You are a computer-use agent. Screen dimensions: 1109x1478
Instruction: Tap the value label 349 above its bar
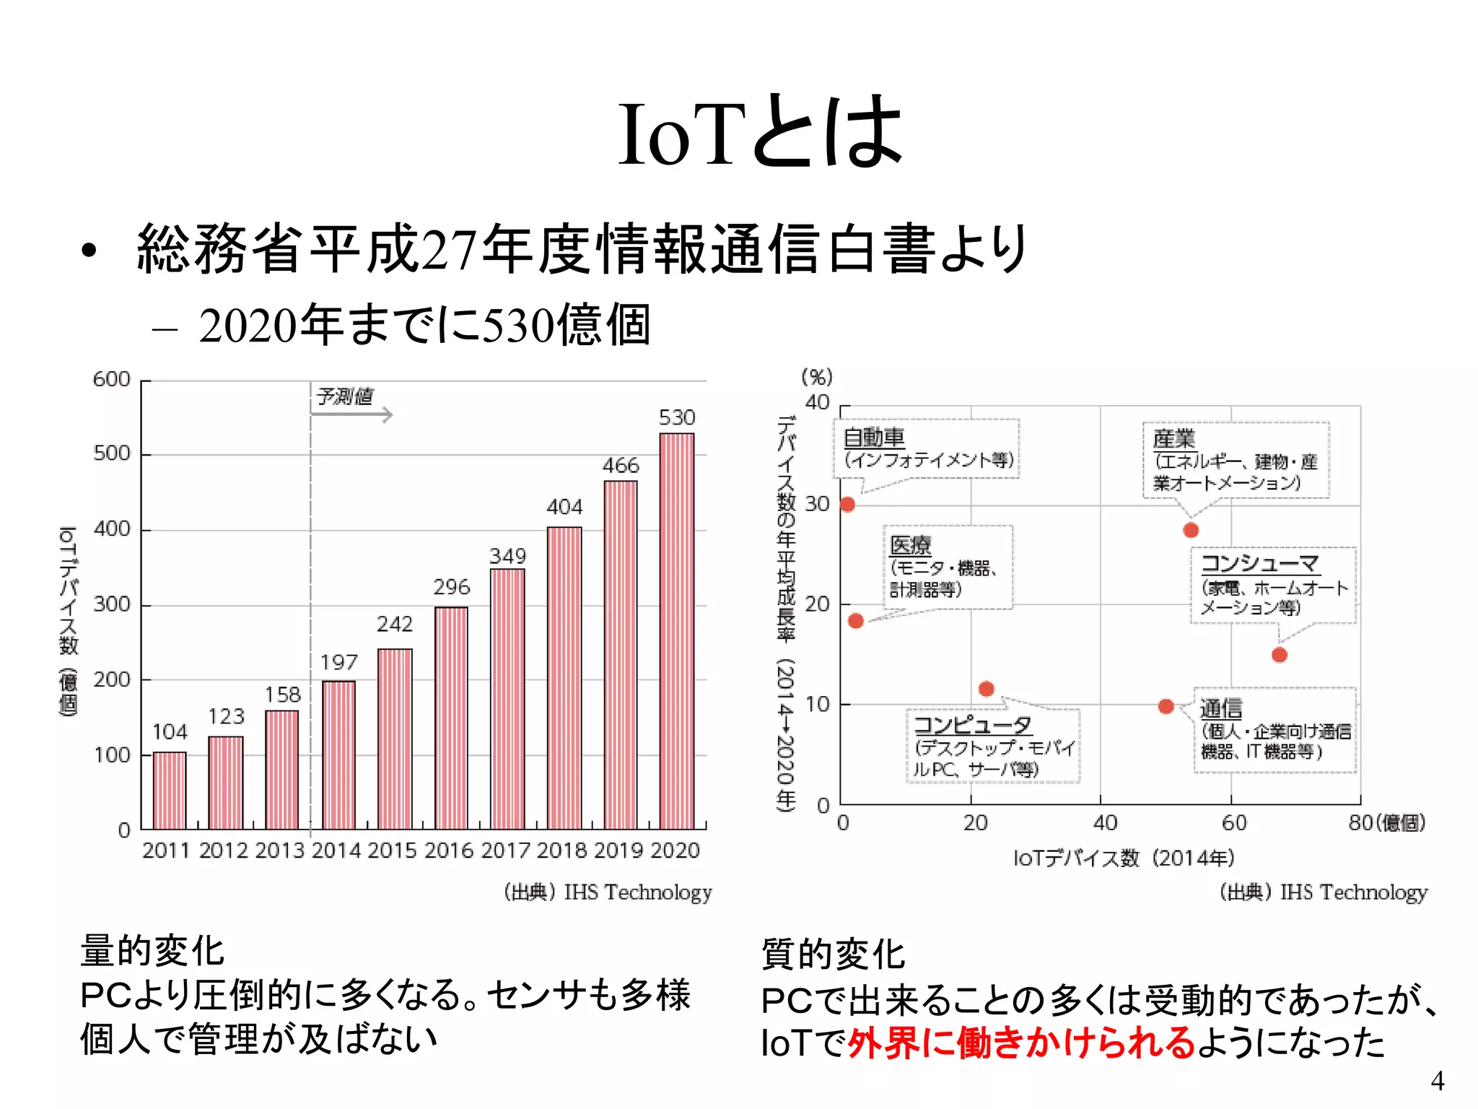(x=508, y=556)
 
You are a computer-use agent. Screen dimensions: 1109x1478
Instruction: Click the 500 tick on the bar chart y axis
(x=112, y=454)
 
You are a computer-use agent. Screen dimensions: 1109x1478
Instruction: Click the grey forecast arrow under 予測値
(x=351, y=414)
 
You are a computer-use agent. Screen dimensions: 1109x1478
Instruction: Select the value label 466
(x=621, y=466)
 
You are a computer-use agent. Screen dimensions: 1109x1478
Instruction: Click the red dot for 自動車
(x=848, y=505)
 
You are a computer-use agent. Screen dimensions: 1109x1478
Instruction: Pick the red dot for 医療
(x=856, y=621)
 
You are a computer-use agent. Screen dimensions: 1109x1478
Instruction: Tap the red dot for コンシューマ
(x=1280, y=655)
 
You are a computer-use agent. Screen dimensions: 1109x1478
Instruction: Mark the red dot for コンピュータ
(x=987, y=689)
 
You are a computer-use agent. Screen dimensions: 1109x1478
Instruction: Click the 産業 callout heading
(x=1174, y=438)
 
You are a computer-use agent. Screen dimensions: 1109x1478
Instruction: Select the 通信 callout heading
(x=1221, y=708)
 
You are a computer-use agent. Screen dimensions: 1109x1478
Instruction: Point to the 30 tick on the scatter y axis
(x=818, y=504)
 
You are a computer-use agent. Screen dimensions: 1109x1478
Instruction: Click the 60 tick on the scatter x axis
(x=1234, y=823)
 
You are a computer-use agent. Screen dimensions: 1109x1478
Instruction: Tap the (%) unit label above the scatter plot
(x=817, y=377)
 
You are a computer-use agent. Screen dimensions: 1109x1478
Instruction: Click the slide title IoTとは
(x=760, y=134)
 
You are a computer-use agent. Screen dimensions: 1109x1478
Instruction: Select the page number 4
(x=1437, y=1081)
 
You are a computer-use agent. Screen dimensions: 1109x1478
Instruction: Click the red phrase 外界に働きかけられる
(x=1021, y=1043)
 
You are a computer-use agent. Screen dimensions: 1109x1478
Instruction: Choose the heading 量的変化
(x=152, y=950)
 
